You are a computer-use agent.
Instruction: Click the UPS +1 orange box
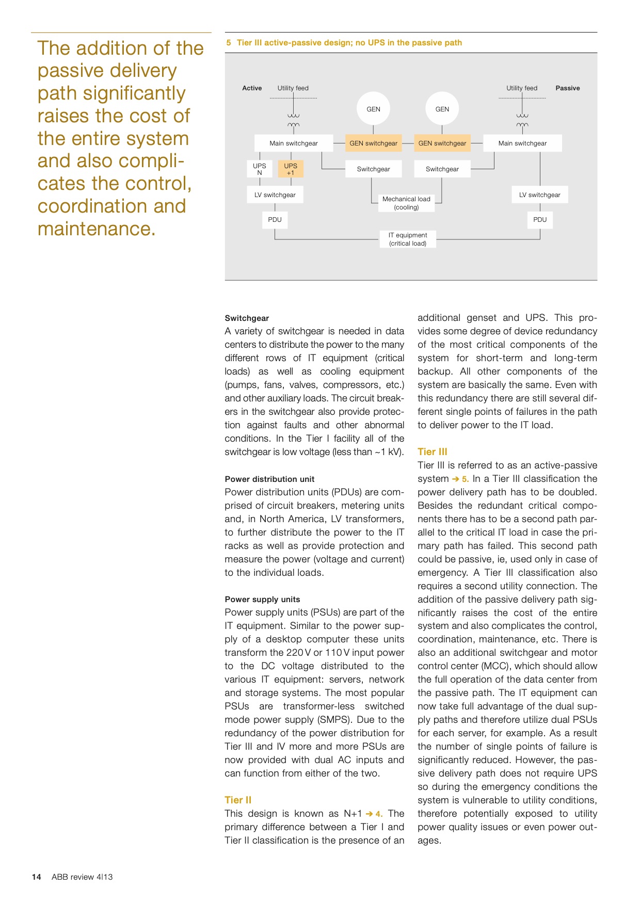(x=291, y=169)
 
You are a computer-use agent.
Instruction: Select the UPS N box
(x=260, y=169)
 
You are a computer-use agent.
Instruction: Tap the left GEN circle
(x=373, y=109)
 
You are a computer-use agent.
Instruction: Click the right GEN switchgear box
(x=442, y=143)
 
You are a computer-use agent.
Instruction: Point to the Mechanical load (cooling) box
(x=406, y=203)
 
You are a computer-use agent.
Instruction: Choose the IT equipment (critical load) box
(x=408, y=239)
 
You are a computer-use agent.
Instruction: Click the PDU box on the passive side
(x=540, y=220)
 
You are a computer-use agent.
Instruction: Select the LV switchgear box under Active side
(x=275, y=195)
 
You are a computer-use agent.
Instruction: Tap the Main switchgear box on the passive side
(x=522, y=143)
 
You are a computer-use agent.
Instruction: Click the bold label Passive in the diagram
(x=567, y=88)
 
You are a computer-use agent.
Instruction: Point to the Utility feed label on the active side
(x=293, y=88)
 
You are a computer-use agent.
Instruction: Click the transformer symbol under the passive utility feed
(x=522, y=120)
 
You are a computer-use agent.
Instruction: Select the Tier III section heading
(x=432, y=451)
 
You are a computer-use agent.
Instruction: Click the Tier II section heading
(x=238, y=800)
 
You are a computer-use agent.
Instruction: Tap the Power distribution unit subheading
(x=269, y=479)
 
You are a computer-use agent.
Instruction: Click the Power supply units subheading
(x=262, y=599)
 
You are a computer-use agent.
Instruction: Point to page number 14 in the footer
(x=36, y=877)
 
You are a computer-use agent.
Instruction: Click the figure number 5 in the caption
(x=229, y=43)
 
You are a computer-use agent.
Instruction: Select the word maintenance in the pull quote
(x=96, y=229)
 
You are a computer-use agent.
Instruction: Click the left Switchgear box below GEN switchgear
(x=373, y=169)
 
